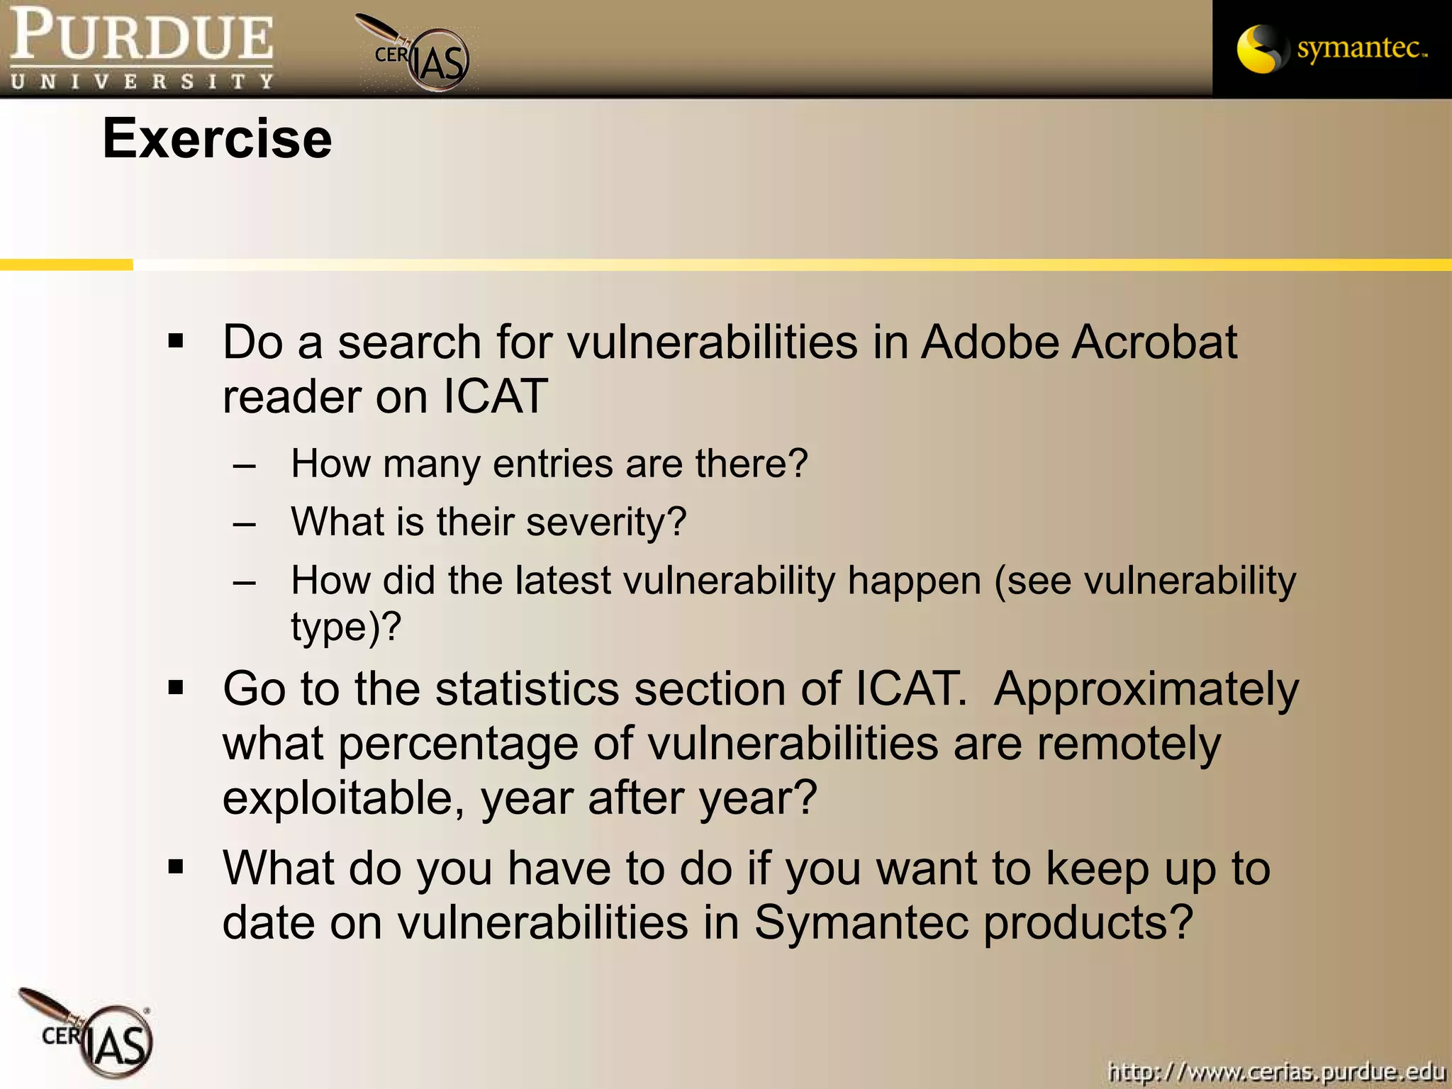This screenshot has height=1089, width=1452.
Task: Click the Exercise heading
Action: click(x=217, y=139)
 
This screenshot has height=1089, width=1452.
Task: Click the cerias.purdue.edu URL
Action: click(x=1275, y=1070)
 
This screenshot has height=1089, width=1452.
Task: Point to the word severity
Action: click(x=605, y=523)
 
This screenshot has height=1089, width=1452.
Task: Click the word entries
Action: click(x=552, y=464)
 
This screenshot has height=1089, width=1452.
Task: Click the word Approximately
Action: click(x=1146, y=689)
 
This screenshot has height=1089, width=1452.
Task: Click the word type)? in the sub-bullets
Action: click(x=346, y=627)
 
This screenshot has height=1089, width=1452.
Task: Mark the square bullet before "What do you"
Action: click(x=176, y=866)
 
